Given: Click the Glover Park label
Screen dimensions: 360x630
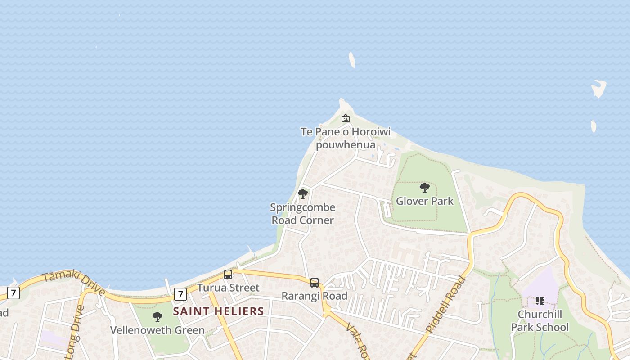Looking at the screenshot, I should [424, 201].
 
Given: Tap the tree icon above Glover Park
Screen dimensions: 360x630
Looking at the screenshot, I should [424, 188].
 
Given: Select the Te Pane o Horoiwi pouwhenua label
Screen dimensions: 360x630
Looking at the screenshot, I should [345, 138].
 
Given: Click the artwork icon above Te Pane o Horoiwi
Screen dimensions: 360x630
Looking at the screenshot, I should [345, 118].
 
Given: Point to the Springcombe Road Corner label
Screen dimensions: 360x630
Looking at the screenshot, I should [302, 214].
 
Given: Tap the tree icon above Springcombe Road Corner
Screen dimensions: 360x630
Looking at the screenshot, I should [303, 194].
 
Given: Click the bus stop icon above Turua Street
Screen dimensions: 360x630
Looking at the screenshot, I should [228, 274].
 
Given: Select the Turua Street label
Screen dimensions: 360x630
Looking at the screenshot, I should [228, 288].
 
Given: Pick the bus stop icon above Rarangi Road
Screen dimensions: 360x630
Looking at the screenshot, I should [315, 283].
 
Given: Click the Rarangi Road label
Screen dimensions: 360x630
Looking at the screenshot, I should [315, 296].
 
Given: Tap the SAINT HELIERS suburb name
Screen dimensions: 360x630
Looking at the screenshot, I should [218, 311].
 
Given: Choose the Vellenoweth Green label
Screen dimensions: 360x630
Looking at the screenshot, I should [157, 330].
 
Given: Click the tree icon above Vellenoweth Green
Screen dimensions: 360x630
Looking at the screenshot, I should [157, 317].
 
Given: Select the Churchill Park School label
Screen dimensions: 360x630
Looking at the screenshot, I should [540, 320].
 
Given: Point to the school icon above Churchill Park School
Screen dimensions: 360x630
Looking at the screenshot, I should [540, 301].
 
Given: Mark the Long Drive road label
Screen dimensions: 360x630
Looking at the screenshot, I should [75, 332].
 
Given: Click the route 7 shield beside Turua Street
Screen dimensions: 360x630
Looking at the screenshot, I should [180, 294].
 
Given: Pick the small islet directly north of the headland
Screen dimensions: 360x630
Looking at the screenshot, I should [352, 60].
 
